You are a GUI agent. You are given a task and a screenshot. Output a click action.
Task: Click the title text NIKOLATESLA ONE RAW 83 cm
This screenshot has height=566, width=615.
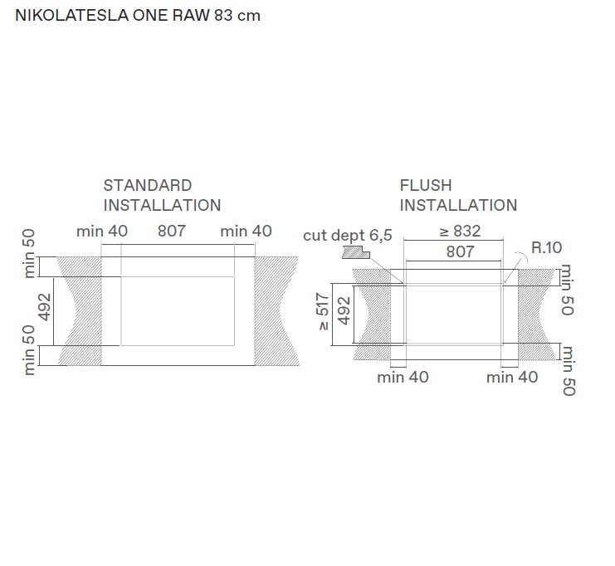(x=138, y=16)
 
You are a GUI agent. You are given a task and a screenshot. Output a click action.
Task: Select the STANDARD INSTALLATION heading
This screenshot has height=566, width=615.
(x=162, y=195)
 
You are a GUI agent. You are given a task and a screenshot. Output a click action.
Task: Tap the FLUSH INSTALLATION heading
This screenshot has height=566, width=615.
(x=458, y=195)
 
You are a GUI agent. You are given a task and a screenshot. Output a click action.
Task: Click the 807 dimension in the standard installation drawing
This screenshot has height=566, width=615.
(x=172, y=232)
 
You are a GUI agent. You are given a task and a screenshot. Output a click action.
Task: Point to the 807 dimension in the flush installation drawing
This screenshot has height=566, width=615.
(x=460, y=251)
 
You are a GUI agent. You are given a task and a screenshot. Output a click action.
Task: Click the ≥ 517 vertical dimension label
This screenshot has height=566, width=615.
(x=324, y=310)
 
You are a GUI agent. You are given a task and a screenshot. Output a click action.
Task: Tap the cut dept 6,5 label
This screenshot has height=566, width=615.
(x=347, y=236)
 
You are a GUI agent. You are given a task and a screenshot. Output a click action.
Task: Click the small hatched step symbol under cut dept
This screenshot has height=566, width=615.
(x=354, y=250)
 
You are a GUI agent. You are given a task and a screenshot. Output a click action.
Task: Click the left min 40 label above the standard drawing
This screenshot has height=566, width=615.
(x=102, y=232)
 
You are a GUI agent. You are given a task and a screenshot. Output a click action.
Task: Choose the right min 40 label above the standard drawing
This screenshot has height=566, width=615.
(x=246, y=232)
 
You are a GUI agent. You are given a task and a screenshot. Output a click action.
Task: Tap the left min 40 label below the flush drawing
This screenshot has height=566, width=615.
(x=403, y=378)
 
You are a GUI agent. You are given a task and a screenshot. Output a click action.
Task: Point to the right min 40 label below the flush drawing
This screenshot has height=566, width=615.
(x=512, y=378)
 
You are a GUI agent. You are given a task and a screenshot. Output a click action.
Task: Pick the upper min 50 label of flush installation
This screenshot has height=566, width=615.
(x=568, y=290)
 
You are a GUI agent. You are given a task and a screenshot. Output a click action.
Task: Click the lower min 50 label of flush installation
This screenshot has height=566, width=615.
(x=568, y=370)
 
